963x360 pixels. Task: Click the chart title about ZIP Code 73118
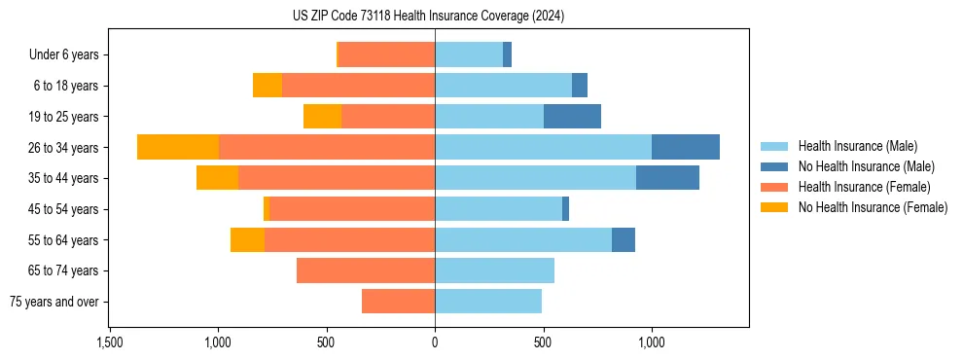click(428, 17)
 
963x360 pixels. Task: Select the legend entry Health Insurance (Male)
click(857, 146)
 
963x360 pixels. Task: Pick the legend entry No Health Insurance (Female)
click(873, 207)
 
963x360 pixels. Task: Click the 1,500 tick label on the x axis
click(110, 342)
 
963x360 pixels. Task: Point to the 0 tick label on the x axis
click(435, 342)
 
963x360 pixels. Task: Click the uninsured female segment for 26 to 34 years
click(178, 147)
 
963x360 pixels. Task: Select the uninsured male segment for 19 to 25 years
click(572, 117)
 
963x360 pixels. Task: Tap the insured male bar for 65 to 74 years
click(494, 270)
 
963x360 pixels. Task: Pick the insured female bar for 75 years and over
click(398, 302)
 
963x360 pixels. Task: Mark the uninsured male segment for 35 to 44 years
click(667, 178)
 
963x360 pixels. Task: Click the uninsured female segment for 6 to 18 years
click(267, 86)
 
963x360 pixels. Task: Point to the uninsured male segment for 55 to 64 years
click(624, 239)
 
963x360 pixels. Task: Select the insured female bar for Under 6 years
click(386, 55)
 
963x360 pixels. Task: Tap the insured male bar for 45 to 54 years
click(498, 209)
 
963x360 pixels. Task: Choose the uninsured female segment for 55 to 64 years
click(247, 239)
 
